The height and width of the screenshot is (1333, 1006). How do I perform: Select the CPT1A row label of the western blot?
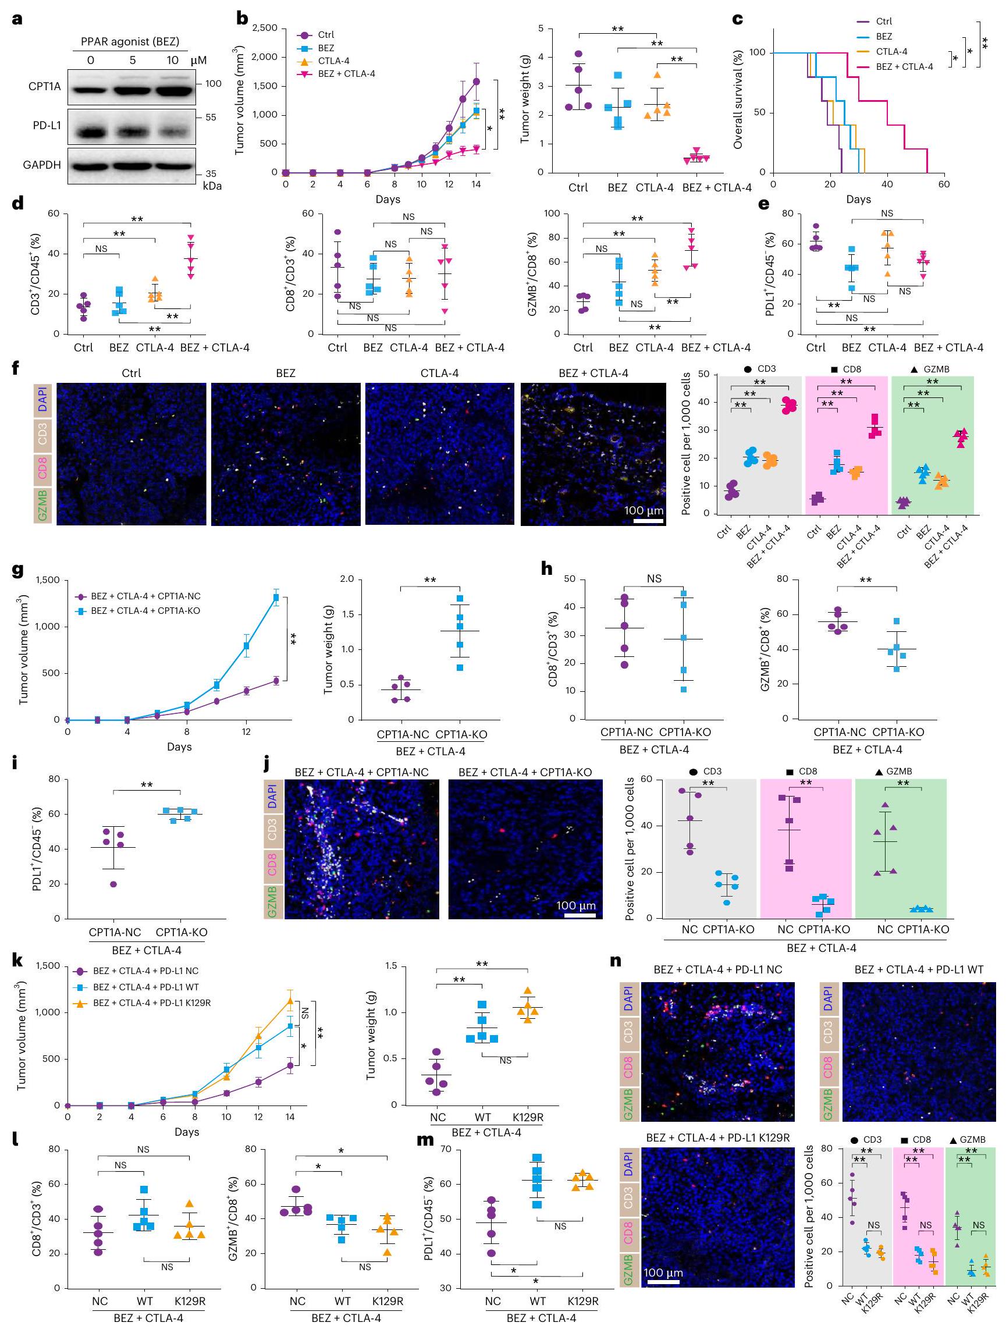tap(44, 86)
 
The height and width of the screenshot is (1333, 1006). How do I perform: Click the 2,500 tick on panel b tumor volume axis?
tap(265, 28)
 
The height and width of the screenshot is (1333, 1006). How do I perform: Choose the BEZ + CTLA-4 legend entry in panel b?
tap(346, 73)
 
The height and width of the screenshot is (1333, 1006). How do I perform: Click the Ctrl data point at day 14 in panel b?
tap(476, 81)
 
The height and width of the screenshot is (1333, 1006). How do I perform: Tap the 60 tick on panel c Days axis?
tap(943, 184)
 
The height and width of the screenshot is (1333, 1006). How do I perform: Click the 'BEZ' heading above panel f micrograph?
tap(285, 373)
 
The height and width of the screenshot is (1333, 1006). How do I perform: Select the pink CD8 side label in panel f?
tap(42, 468)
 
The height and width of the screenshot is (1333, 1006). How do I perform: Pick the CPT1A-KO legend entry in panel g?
tap(145, 610)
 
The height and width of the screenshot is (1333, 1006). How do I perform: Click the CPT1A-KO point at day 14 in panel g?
tap(276, 597)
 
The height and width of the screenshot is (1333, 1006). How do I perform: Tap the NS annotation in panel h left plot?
tap(654, 578)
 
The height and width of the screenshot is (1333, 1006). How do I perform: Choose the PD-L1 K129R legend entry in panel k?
tap(151, 1003)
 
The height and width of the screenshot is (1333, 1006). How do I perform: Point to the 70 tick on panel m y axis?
tap(446, 1149)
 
